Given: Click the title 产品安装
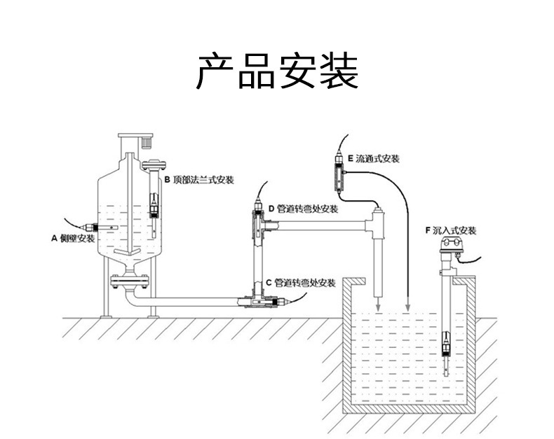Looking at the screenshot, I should pos(276,72).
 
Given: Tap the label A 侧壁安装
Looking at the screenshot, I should pos(72,238).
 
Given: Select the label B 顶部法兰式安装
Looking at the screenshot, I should pos(198,180).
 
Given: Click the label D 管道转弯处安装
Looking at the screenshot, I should pos(302,209).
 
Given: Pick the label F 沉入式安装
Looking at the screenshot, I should pos(450,230).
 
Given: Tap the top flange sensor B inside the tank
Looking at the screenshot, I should pos(154,203).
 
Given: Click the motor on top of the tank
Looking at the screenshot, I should pos(147,141).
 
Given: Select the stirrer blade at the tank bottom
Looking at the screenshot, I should pos(127,252).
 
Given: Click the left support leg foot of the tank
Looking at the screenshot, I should pos(106,316).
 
